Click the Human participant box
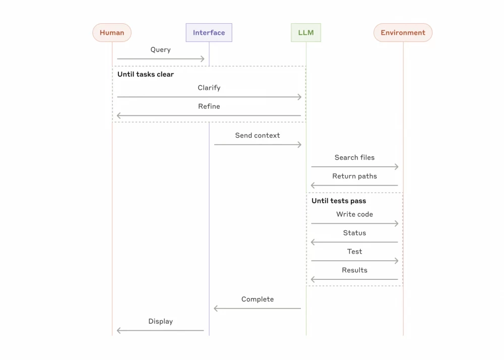[112, 33]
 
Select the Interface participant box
[209, 33]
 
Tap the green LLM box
[306, 33]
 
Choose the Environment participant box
[403, 33]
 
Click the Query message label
[160, 50]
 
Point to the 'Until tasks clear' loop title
[146, 75]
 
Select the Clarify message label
[209, 88]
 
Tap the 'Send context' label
[257, 136]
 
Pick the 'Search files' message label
[354, 158]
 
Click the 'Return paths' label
[354, 176]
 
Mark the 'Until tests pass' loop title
[339, 201]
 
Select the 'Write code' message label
[354, 214]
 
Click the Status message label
[354, 233]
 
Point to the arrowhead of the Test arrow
[397, 261]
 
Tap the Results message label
[354, 270]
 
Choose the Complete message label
[257, 299]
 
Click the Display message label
[160, 322]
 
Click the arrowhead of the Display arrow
[118, 331]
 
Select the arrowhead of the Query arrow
[203, 59]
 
